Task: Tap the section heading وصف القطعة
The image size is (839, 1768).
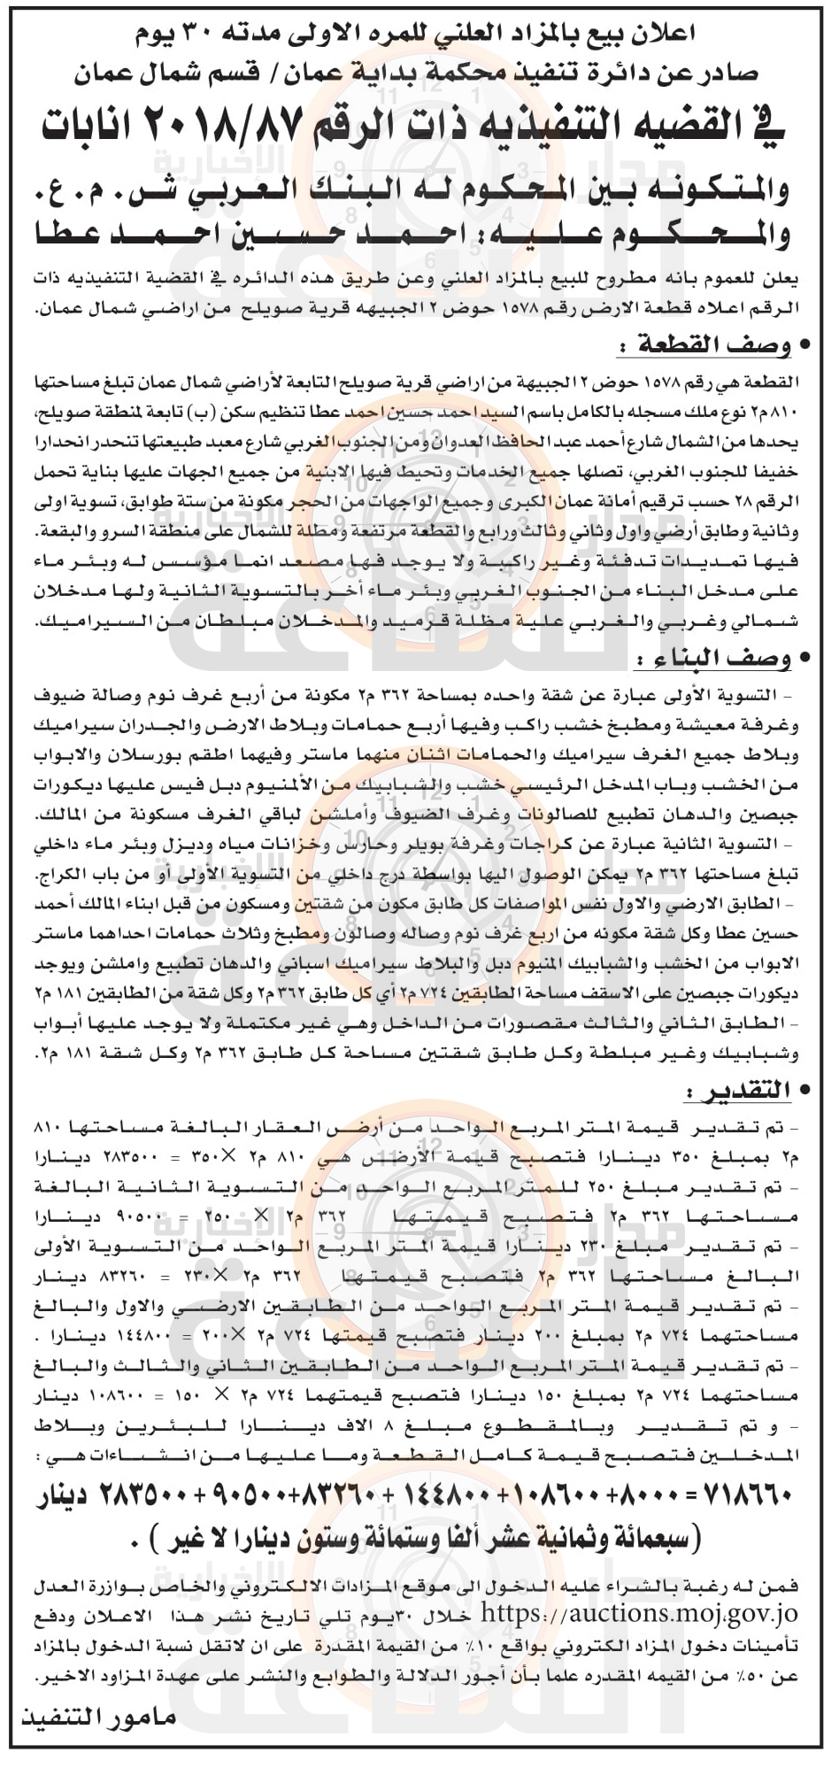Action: pyautogui.click(x=704, y=344)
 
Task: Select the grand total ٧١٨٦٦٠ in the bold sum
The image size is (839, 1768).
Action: pyautogui.click(x=750, y=1497)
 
